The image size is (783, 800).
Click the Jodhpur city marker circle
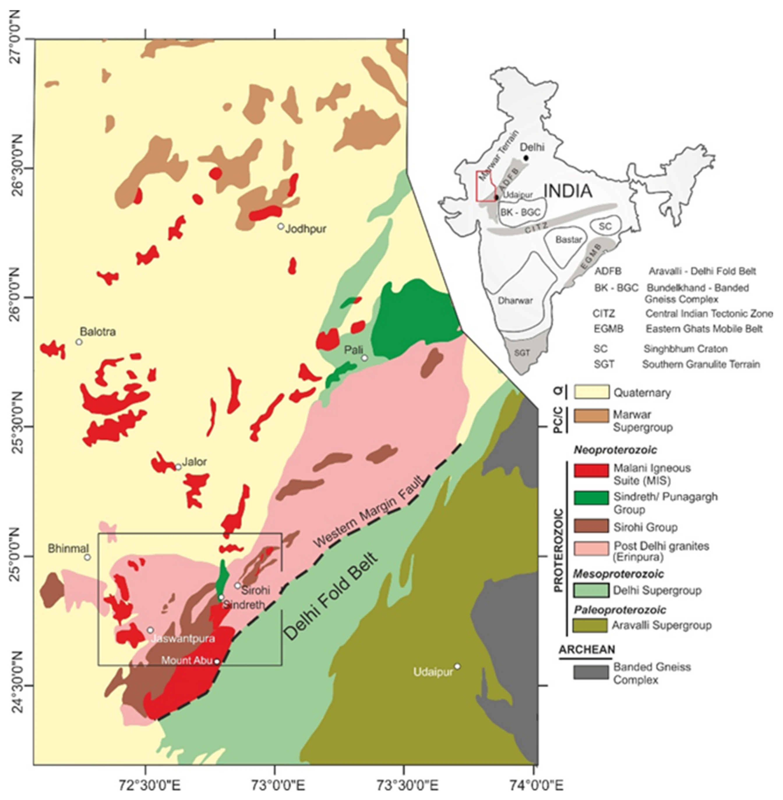tap(281, 226)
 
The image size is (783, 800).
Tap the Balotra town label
tap(98, 332)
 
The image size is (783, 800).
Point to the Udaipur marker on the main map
tap(457, 666)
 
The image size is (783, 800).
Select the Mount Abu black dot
tap(217, 661)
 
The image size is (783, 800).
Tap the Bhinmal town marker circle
tap(87, 557)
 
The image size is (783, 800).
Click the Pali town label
tap(354, 350)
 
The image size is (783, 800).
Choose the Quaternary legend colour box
tap(591, 392)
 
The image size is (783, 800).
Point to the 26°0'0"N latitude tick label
tap(16, 297)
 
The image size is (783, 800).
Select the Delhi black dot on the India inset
tap(526, 158)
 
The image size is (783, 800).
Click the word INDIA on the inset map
tap(568, 191)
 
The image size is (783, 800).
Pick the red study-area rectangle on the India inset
tap(486, 186)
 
